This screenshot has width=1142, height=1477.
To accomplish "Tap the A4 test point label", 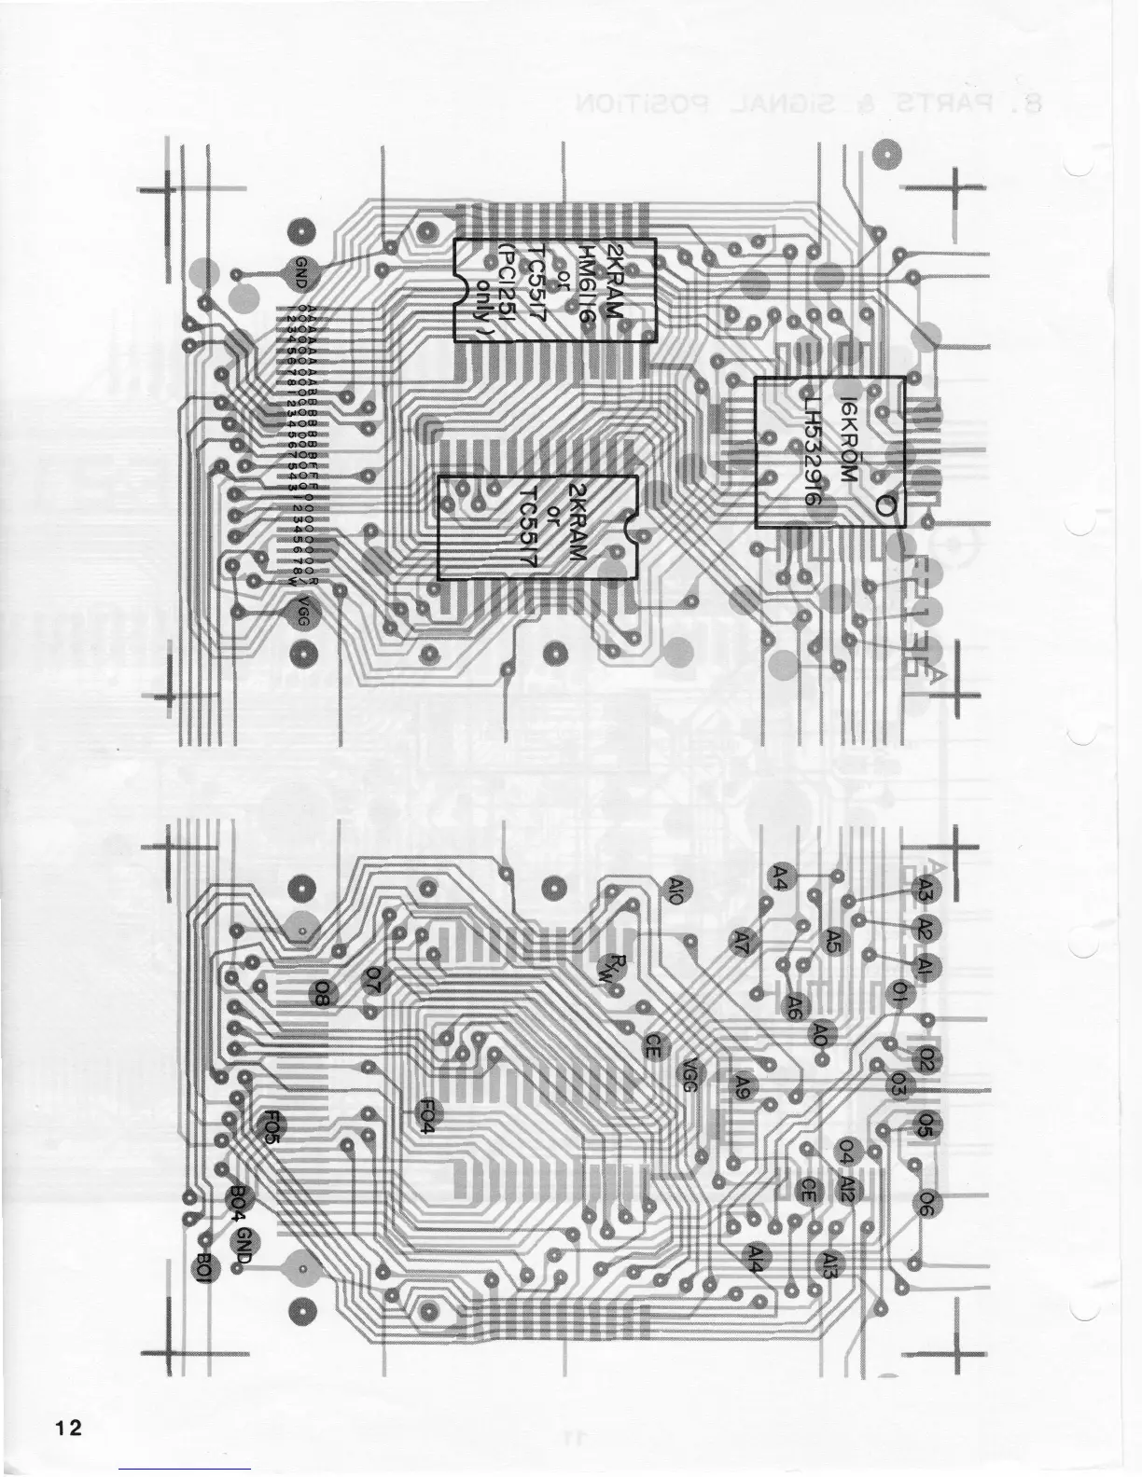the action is pos(782,876).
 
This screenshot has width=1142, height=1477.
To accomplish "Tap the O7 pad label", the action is pos(373,977).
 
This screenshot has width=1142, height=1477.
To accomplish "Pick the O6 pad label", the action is pos(926,1204).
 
